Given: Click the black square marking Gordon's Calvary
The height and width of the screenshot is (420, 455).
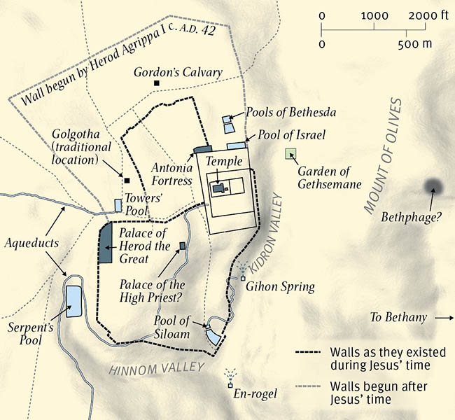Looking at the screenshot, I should point(157,83).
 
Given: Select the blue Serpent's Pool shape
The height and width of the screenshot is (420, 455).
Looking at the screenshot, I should point(73,301).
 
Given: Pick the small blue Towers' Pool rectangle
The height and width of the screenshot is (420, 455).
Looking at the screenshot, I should point(118,205).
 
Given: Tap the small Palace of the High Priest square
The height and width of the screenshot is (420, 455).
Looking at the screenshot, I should point(183,245).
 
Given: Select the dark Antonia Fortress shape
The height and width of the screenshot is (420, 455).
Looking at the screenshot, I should point(202,149).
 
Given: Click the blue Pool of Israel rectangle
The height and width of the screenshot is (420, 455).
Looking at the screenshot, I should point(236,146).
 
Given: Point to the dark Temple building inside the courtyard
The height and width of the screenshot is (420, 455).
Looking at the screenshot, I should point(218,188).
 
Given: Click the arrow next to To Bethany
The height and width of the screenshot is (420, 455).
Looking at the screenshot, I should point(444,318).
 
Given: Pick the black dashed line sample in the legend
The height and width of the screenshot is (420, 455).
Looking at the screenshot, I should point(310,353).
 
